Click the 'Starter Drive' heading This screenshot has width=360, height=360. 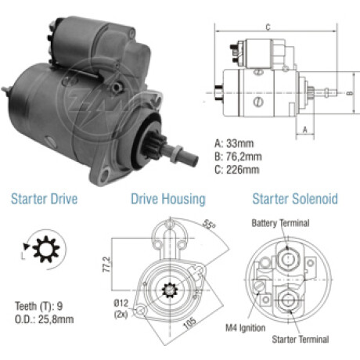(44, 199)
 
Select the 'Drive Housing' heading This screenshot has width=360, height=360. (168, 200)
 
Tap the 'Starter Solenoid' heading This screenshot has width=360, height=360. (295, 199)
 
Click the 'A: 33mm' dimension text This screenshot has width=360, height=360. (234, 143)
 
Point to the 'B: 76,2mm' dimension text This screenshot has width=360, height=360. (238, 157)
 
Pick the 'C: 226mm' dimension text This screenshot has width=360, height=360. (237, 170)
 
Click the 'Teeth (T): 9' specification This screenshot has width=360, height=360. (38, 306)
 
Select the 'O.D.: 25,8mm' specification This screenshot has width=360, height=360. (44, 319)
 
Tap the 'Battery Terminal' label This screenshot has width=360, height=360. (280, 223)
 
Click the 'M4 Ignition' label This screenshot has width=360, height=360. (245, 328)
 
